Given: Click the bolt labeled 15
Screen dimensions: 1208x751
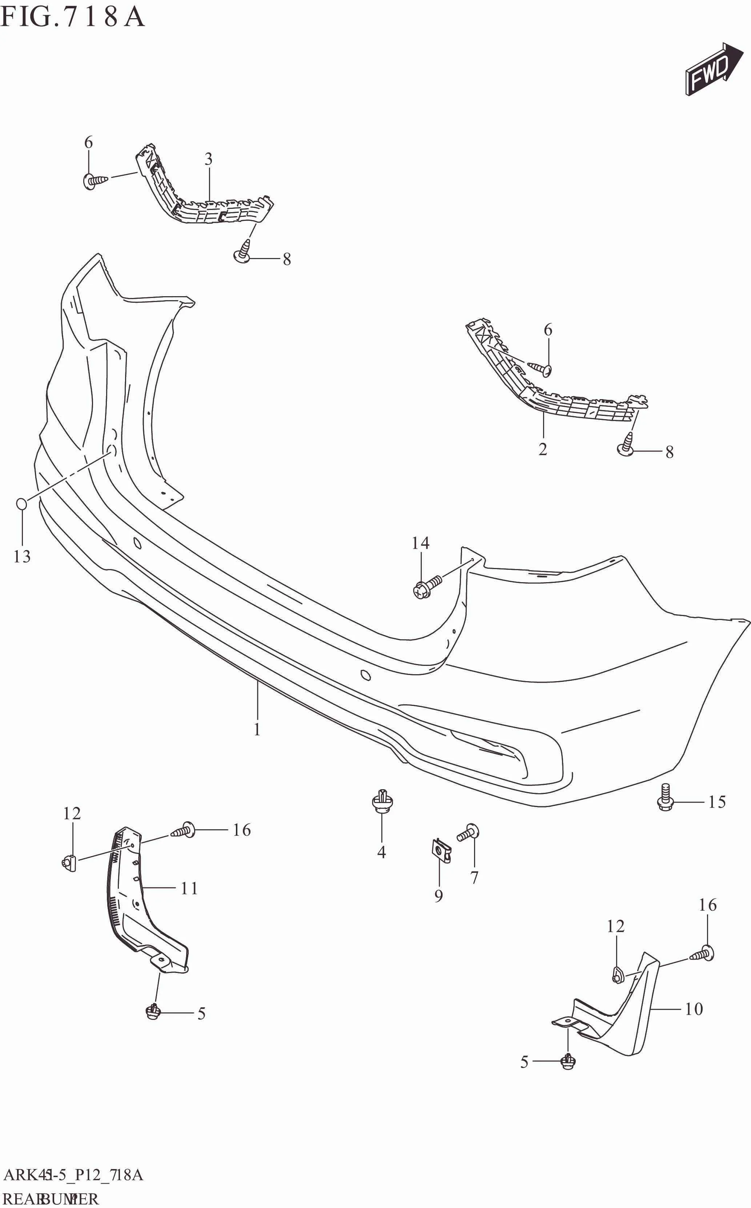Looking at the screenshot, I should [x=665, y=798].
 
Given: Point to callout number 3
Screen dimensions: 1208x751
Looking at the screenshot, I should [x=209, y=159].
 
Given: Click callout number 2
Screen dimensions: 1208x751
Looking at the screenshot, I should [x=543, y=449].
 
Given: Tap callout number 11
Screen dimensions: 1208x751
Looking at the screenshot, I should [x=189, y=888].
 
